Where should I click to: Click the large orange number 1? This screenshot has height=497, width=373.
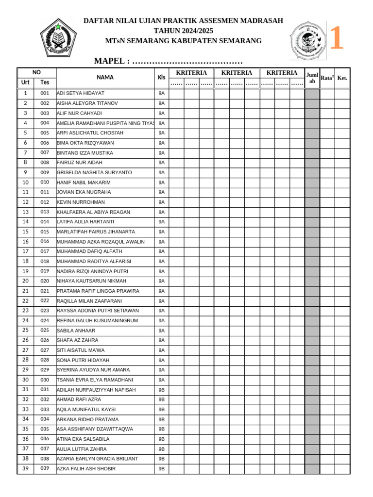pyautogui.click(x=336, y=39)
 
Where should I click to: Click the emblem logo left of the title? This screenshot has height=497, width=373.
pyautogui.click(x=58, y=38)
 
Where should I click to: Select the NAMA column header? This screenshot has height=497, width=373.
pyautogui.click(x=105, y=77)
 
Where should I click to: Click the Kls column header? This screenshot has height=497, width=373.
pyautogui.click(x=161, y=77)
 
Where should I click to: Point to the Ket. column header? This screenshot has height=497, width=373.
pyautogui.click(x=342, y=78)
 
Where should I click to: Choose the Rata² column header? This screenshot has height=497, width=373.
pyautogui.click(x=327, y=78)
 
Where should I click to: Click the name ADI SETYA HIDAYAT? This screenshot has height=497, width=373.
pyautogui.click(x=81, y=93)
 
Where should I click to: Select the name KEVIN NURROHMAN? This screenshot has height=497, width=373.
pyautogui.click(x=81, y=202)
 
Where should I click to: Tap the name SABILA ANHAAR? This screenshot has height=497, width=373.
pyautogui.click(x=76, y=331)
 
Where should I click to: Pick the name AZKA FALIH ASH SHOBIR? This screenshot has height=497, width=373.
pyautogui.click(x=86, y=469)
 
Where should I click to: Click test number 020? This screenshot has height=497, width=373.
pyautogui.click(x=45, y=281)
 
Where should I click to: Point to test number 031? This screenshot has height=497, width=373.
pyautogui.click(x=45, y=390)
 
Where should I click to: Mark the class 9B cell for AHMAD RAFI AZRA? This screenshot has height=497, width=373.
pyautogui.click(x=161, y=399)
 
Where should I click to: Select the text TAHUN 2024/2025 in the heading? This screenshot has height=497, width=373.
pyautogui.click(x=183, y=31)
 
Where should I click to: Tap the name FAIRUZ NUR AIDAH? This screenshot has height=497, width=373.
pyautogui.click(x=80, y=163)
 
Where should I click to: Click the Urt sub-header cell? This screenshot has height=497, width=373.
pyautogui.click(x=25, y=83)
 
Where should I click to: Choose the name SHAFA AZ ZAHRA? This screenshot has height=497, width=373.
pyautogui.click(x=77, y=340)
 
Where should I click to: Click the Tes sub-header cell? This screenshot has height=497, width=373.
pyautogui.click(x=45, y=83)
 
